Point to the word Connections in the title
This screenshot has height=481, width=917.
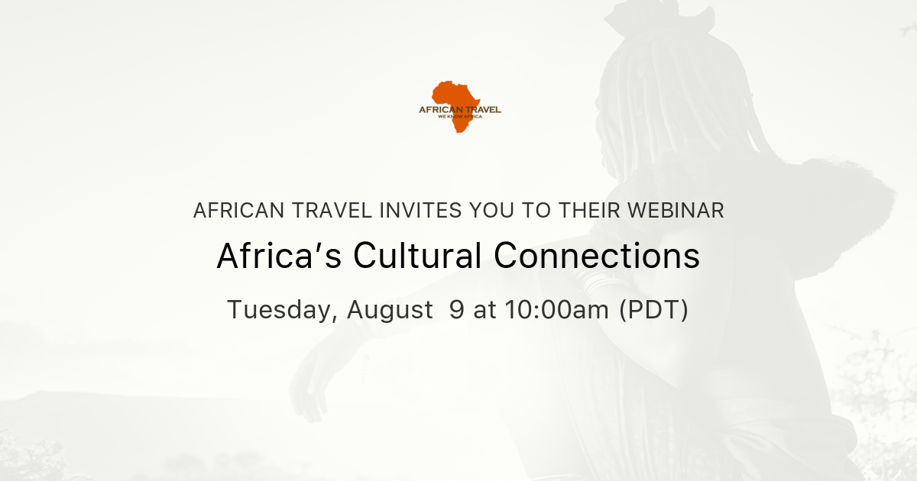pos(597,257)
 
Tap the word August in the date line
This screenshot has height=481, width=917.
pos(390,310)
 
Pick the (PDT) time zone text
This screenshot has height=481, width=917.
pos(653,310)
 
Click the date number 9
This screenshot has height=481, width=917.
pos(456,310)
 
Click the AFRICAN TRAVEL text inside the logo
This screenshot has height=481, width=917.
pos(460,110)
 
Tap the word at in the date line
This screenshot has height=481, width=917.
pos(484,310)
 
